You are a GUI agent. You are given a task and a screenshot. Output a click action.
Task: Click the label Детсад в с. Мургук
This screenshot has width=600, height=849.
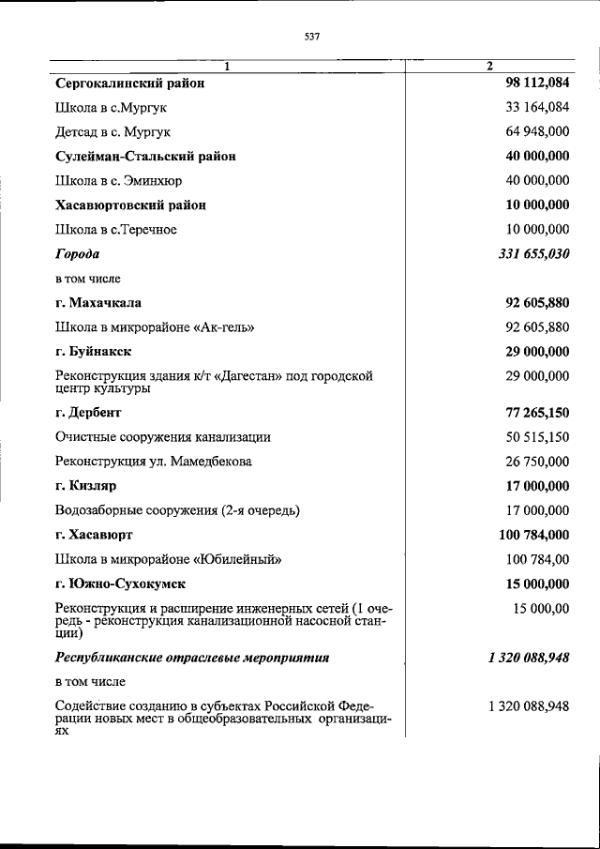click(112, 132)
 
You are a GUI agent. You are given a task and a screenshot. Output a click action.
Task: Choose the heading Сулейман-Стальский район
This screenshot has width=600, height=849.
click(145, 157)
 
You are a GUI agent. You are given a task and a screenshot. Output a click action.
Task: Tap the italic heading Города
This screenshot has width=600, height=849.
click(77, 254)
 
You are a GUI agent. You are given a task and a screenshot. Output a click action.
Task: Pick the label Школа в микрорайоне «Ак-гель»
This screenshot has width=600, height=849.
click(155, 327)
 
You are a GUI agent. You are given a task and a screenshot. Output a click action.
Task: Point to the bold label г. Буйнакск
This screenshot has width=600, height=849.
click(93, 352)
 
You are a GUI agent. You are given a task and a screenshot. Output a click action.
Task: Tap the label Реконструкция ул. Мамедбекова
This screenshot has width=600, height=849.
click(153, 462)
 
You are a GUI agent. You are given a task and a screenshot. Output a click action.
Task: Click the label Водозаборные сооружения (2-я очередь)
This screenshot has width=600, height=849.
click(177, 510)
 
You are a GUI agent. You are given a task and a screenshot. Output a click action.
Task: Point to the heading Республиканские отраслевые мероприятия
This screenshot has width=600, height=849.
click(192, 658)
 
